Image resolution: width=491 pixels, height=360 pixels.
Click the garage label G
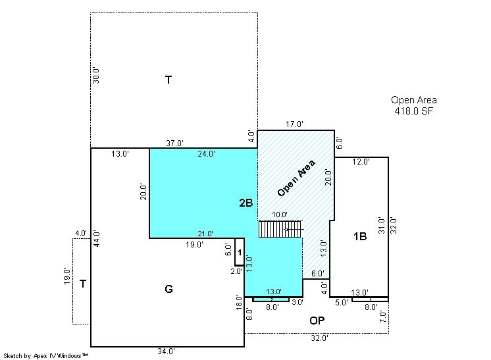point(168,289)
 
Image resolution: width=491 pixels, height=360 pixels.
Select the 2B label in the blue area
point(245,203)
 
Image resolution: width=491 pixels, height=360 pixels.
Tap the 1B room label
point(360,236)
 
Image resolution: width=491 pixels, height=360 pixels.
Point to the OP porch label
point(317,321)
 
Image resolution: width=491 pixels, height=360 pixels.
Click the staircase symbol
point(281,229)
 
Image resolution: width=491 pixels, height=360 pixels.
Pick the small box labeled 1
point(240,252)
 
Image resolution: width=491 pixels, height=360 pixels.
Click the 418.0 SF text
point(413,111)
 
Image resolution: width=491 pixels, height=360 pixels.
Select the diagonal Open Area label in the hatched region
point(296,178)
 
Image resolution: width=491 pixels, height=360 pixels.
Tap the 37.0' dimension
point(174,143)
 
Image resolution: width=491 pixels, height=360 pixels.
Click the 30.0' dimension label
point(96,76)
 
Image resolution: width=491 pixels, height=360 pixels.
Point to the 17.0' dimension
point(294,124)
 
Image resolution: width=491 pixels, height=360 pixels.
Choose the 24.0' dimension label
point(207,154)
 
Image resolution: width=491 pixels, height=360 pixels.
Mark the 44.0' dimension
point(97,238)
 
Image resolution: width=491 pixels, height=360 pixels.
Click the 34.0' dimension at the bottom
point(166,351)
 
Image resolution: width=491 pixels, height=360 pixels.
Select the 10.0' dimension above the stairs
point(280,215)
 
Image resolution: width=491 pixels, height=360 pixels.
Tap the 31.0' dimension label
point(381,225)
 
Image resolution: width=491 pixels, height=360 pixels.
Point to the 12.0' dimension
point(361,162)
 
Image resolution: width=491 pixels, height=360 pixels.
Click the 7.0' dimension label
point(383,317)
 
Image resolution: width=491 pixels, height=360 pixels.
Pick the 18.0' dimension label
point(239,302)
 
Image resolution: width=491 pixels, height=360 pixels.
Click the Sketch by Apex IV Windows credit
point(45,356)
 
